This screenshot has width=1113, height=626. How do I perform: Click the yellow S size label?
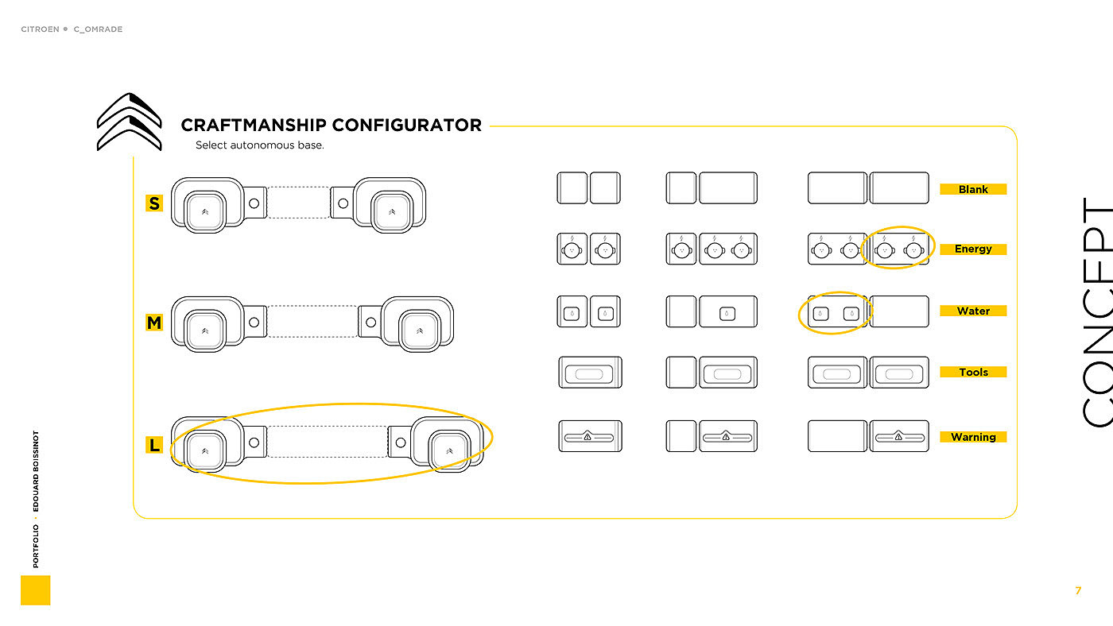(154, 203)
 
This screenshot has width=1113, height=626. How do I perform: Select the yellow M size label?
(154, 323)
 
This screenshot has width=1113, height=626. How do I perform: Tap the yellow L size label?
(154, 445)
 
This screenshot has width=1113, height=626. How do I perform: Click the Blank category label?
(973, 189)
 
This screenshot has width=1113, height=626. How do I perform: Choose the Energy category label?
(973, 249)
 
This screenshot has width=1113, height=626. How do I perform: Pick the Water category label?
(973, 311)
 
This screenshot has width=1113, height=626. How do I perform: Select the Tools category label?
(973, 372)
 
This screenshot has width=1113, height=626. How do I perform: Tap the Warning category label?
(973, 437)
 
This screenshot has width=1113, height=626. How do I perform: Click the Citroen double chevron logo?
(129, 122)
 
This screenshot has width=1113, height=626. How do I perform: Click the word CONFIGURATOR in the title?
(406, 125)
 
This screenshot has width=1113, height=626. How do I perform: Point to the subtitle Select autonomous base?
(260, 145)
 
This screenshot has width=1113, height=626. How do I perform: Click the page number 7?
(1078, 590)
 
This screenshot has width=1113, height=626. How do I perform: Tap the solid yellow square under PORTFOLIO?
(35, 590)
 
